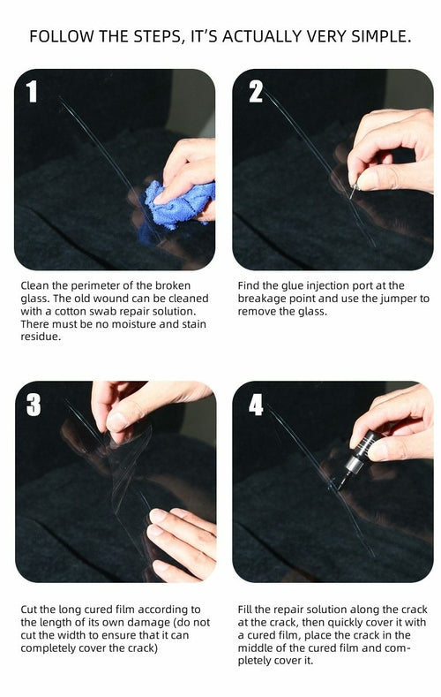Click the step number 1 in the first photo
point(33,91)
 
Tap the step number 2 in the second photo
point(255,91)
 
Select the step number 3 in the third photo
point(34,404)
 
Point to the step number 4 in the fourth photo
point(256,404)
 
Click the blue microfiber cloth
point(178,205)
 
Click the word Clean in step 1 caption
point(37,285)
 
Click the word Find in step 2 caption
point(251,285)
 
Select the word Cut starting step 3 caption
point(32,610)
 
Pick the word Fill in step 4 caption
point(249,610)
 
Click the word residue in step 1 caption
point(42,337)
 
